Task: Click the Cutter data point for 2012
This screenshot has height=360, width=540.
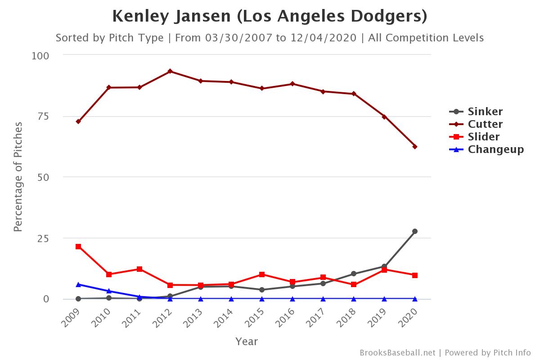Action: pos(170,71)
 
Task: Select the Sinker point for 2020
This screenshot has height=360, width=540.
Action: pos(415,231)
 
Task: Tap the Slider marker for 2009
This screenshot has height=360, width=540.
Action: pos(78,247)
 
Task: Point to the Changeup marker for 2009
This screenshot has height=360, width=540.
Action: pos(78,284)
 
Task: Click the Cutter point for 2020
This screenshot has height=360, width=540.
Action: pos(415,147)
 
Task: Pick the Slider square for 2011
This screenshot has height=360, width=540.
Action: pos(139,269)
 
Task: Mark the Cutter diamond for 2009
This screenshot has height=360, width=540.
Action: pos(78,121)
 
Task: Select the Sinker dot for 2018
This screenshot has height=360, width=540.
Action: pos(354,274)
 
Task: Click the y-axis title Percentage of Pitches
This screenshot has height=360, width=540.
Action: pos(18,177)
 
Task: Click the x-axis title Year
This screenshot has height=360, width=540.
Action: pos(247,342)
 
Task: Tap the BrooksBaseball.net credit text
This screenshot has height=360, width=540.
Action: pos(397,353)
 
